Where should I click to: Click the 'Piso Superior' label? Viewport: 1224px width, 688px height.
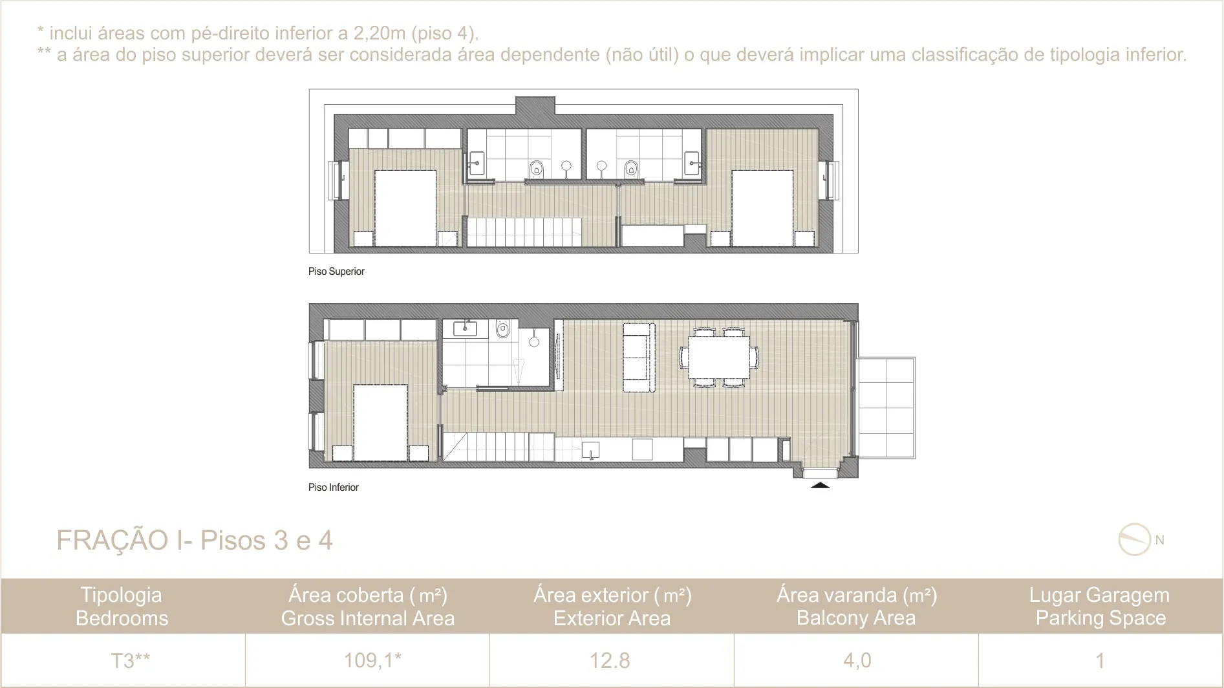point(336,272)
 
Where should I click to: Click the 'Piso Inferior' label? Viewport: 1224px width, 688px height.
point(334,488)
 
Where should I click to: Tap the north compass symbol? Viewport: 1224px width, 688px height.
point(1135,539)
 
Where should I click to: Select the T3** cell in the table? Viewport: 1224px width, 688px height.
point(130,661)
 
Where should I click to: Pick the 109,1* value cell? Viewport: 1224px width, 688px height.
point(372,660)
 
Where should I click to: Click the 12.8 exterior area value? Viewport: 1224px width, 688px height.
point(610,661)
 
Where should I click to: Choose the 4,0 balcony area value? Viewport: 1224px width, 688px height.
point(857,661)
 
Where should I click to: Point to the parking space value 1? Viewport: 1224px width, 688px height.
point(1100,661)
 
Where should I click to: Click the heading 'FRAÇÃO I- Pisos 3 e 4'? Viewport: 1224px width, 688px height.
point(195,541)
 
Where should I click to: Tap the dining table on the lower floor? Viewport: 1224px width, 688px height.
point(719,357)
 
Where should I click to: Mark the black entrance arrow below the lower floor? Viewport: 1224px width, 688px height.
point(820,484)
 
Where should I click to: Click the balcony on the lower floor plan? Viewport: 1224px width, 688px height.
point(886,407)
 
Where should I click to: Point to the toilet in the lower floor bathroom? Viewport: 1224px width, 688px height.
point(502,329)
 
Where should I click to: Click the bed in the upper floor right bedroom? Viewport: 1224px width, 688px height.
point(762,208)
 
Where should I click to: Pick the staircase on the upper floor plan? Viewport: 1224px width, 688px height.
point(524,232)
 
